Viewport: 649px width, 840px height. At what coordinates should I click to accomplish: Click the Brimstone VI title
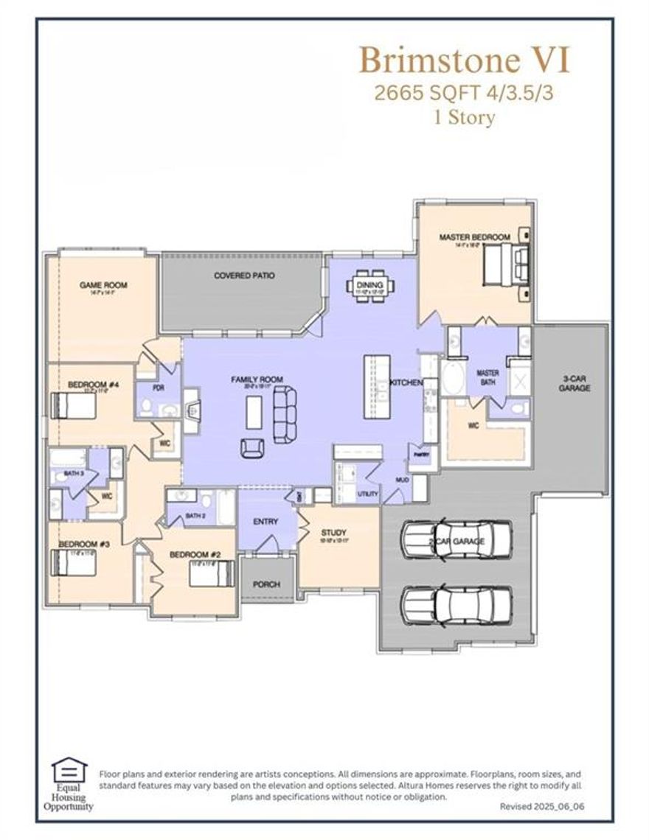click(x=465, y=60)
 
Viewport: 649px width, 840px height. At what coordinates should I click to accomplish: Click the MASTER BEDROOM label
click(x=474, y=237)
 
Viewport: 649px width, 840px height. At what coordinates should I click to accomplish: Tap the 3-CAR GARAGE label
click(x=574, y=382)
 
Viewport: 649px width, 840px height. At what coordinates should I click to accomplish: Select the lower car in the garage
click(x=457, y=603)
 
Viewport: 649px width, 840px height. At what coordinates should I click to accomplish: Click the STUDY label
click(x=333, y=532)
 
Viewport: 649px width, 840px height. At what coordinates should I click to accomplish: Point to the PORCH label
click(x=266, y=584)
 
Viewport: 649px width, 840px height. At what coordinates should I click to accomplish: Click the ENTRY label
click(x=265, y=522)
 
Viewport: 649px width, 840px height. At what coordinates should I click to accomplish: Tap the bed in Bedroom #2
click(x=212, y=573)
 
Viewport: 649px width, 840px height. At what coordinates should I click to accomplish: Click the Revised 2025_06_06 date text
click(x=545, y=807)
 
